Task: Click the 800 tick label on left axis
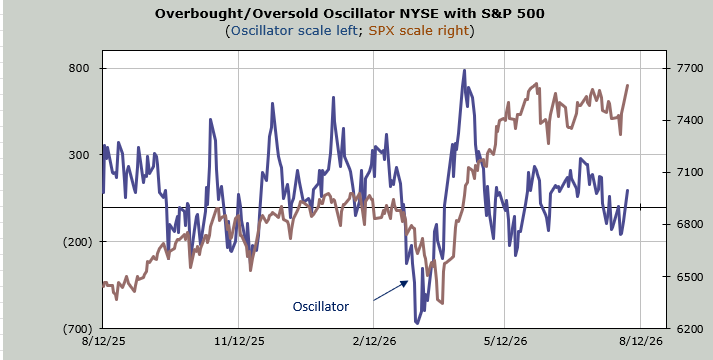78,68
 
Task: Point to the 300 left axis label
78,155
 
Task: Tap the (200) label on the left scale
77,241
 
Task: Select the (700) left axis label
77,328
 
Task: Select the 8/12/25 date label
103,341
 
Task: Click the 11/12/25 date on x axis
239,341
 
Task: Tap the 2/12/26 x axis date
374,341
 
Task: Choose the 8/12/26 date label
641,341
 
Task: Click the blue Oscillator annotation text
321,307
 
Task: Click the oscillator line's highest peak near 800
464,70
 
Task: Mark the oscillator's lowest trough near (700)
417,323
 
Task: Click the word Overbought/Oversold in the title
237,14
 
